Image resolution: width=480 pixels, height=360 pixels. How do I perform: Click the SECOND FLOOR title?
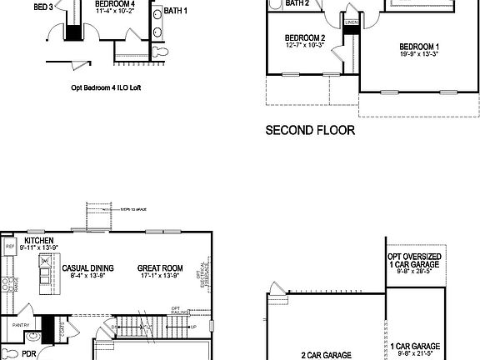pyautogui.click(x=310, y=130)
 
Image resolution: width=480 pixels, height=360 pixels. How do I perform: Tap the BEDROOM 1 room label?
pyautogui.click(x=419, y=45)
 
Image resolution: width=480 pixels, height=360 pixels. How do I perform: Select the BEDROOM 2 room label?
pyautogui.click(x=304, y=38)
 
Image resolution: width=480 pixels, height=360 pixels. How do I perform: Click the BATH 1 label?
pyautogui.click(x=176, y=11)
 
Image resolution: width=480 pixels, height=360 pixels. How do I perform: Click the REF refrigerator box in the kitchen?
pyautogui.click(x=10, y=247)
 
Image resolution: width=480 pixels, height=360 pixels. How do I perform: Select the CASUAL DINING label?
pyautogui.click(x=87, y=268)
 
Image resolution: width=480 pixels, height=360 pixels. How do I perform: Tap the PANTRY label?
pyautogui.click(x=22, y=326)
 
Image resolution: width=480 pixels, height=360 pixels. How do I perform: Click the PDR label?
pyautogui.click(x=29, y=353)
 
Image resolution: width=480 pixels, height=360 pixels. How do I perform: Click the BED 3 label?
pyautogui.click(x=43, y=7)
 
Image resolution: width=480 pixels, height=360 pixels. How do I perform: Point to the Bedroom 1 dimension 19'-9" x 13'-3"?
pyautogui.click(x=419, y=52)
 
